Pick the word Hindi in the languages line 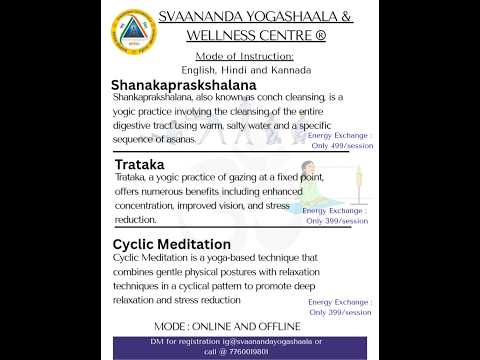(235, 71)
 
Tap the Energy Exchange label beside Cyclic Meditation (340, 301)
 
